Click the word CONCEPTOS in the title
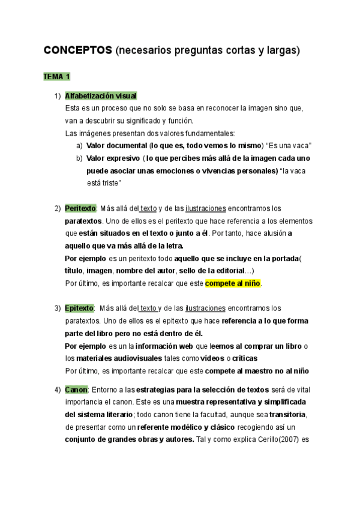(77, 51)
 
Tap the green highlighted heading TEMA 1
(56, 77)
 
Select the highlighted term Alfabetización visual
(101, 96)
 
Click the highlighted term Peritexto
(80, 208)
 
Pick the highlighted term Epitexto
(79, 309)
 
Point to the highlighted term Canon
(76, 390)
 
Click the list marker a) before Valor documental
(79, 146)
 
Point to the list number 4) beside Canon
(57, 390)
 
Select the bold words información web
(162, 346)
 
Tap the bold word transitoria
(288, 415)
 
